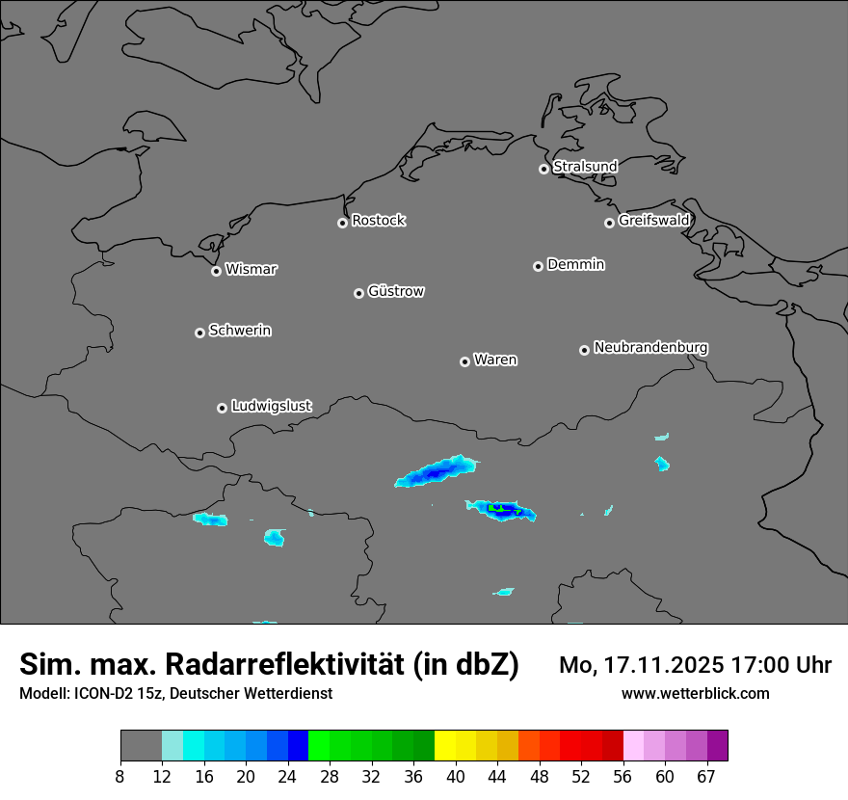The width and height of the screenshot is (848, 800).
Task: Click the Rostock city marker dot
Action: (342, 223)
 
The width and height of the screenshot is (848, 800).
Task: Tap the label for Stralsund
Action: (585, 167)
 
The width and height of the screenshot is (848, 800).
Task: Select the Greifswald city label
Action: (653, 221)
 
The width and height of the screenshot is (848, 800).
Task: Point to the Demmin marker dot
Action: (538, 266)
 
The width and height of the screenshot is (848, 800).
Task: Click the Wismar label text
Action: (251, 270)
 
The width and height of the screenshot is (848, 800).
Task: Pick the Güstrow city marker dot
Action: (358, 293)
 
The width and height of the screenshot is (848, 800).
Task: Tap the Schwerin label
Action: (240, 331)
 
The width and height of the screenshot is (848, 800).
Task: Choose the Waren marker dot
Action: (464, 361)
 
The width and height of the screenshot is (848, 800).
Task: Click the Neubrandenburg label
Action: (650, 348)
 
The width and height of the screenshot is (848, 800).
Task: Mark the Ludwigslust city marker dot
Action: (222, 408)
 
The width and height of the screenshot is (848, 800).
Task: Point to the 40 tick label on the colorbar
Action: (455, 777)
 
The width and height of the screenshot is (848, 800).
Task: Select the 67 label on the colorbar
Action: (706, 777)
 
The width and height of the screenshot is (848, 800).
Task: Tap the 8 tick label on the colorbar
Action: (119, 777)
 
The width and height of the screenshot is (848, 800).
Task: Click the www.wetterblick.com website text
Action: (696, 694)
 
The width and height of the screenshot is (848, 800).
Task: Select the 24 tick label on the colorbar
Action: (287, 777)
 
